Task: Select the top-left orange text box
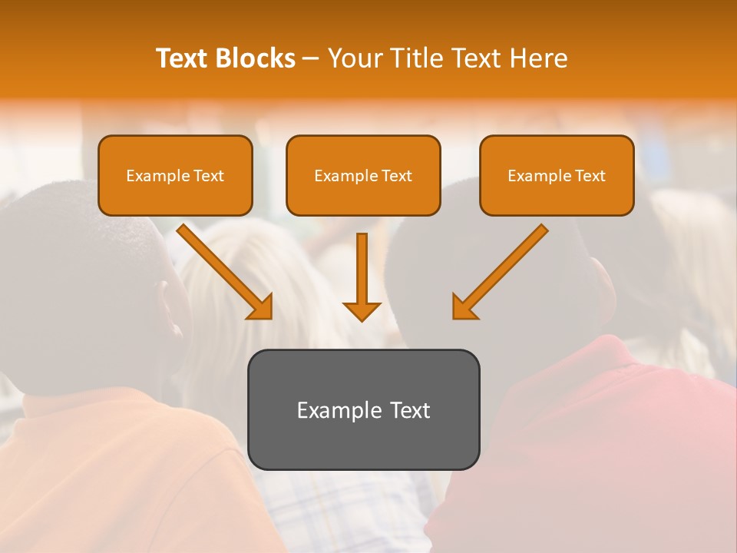[x=175, y=175]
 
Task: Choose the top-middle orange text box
[x=363, y=175]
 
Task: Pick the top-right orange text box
[x=557, y=175]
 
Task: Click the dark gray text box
[x=363, y=409]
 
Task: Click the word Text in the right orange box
[x=590, y=176]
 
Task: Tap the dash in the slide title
[x=311, y=58]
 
